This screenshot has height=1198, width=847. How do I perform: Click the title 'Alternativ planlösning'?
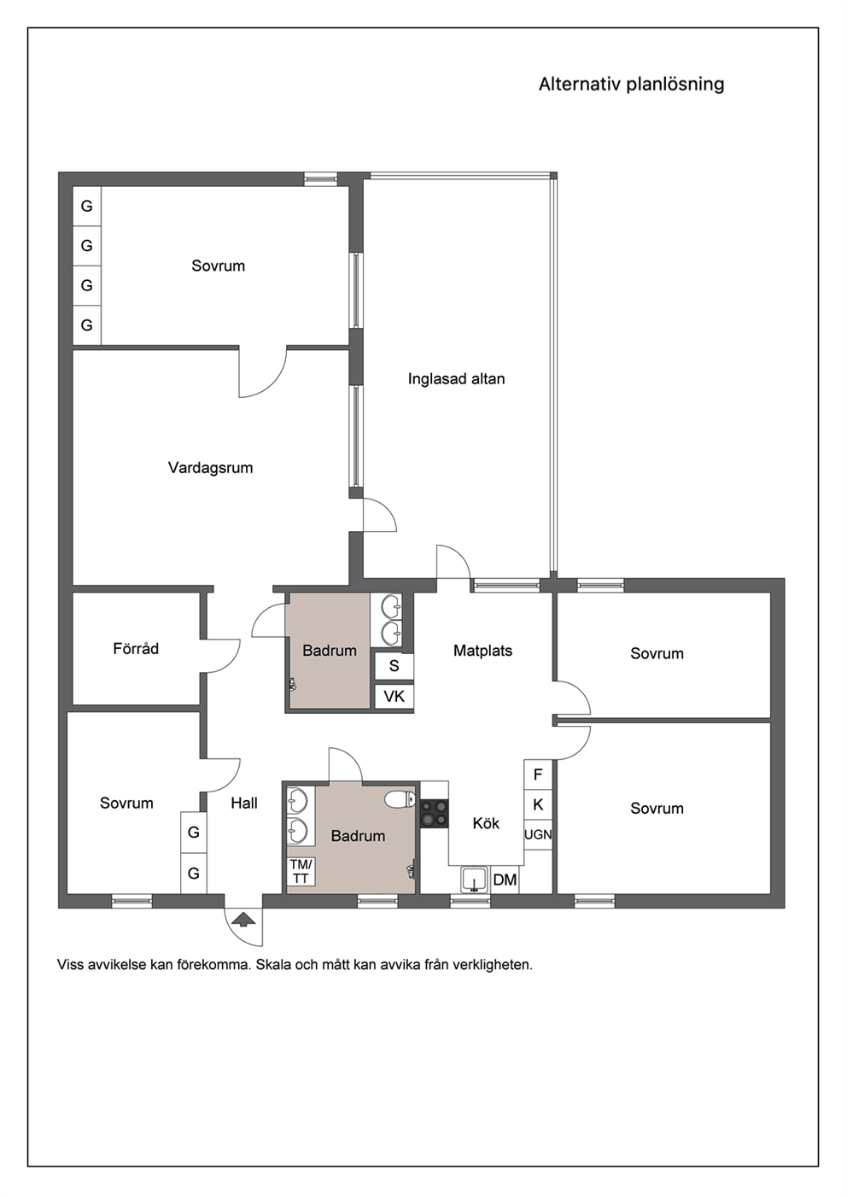pos(631,85)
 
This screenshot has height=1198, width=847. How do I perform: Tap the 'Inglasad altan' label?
pos(456,378)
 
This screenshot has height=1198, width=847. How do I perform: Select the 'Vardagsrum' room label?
pos(210,468)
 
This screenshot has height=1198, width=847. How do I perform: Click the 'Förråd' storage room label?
pos(136,648)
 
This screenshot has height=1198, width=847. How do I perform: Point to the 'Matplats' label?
pos(483,651)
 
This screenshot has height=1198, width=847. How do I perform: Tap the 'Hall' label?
pos(244,803)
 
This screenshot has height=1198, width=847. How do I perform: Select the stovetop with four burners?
pos(434,814)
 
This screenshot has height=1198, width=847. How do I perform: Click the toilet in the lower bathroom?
pos(400,798)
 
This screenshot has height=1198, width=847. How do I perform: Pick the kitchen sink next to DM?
pos(474,880)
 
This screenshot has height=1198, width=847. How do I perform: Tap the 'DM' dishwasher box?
pos(505,880)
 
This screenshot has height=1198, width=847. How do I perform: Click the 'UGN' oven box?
pos(538,834)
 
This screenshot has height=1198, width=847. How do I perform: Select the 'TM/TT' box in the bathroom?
pos(301,871)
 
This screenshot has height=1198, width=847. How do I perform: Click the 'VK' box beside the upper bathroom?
pos(394,696)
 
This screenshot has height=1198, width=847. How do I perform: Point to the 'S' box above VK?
pos(394,666)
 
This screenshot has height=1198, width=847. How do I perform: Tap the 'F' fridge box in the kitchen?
pos(538,774)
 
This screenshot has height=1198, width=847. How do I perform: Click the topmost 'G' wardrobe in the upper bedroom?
pos(86,206)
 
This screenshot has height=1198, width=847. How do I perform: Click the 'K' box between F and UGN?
pos(538,804)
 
